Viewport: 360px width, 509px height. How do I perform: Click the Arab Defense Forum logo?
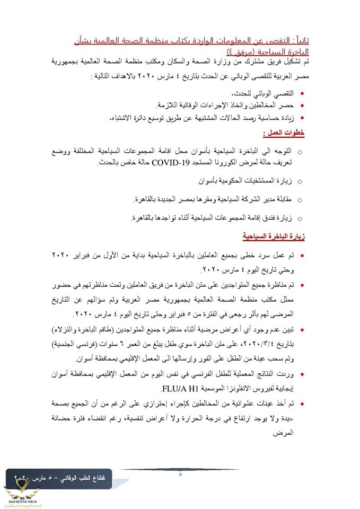(x=20, y=495)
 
